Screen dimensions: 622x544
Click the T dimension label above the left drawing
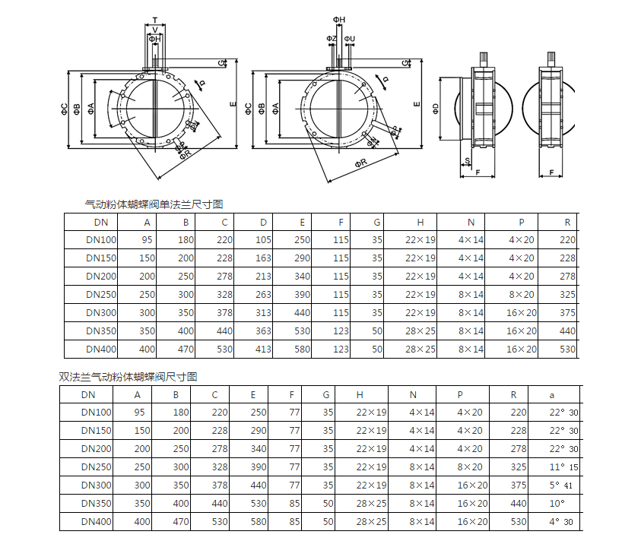tap(155, 20)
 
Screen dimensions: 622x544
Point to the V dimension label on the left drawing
tap(155, 30)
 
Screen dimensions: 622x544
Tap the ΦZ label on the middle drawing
tap(332, 39)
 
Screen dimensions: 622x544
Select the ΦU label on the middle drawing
tap(350, 39)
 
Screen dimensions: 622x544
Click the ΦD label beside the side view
tap(436, 109)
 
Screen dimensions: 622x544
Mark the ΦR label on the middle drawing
tap(361, 163)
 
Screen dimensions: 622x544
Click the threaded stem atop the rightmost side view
tap(551, 59)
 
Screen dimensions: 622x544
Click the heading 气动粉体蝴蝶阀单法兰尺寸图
tap(154, 204)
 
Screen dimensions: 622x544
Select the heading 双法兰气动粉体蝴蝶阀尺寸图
tap(129, 377)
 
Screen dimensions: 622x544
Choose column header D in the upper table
tap(263, 223)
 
